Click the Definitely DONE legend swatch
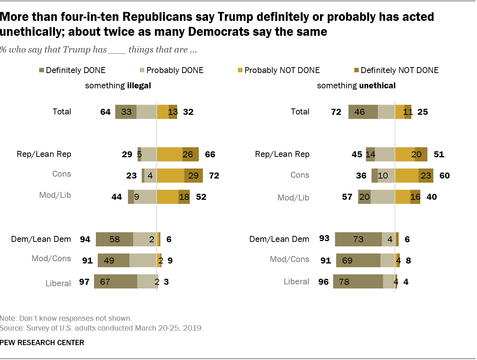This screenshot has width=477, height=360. pos(41,70)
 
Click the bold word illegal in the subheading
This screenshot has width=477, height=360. pos(139,86)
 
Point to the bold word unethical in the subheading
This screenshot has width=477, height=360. pos(377,86)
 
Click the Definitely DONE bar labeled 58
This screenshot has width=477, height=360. pos(114,239)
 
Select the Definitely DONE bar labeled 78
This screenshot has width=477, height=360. pos(358,282)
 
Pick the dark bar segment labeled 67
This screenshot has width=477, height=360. pos(115,282)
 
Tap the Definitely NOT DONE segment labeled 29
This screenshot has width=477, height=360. pos(194,176)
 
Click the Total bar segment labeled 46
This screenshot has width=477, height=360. pos(363,112)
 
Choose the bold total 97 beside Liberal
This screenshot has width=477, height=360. pos(84,282)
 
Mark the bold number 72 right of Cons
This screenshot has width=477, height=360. pos(214,176)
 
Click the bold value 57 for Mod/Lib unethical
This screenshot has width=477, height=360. pos(347,197)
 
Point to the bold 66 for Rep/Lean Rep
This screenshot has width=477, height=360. pos(210,154)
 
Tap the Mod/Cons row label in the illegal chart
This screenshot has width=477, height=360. pos(51,259)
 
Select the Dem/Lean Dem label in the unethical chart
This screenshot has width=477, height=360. pos(279,239)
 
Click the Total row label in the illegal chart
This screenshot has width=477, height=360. pos(62,112)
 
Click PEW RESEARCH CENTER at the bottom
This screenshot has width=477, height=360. pos(42,342)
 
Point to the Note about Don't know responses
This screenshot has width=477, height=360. pos(66,319)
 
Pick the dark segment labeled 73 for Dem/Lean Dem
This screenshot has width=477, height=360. pos(358,239)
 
